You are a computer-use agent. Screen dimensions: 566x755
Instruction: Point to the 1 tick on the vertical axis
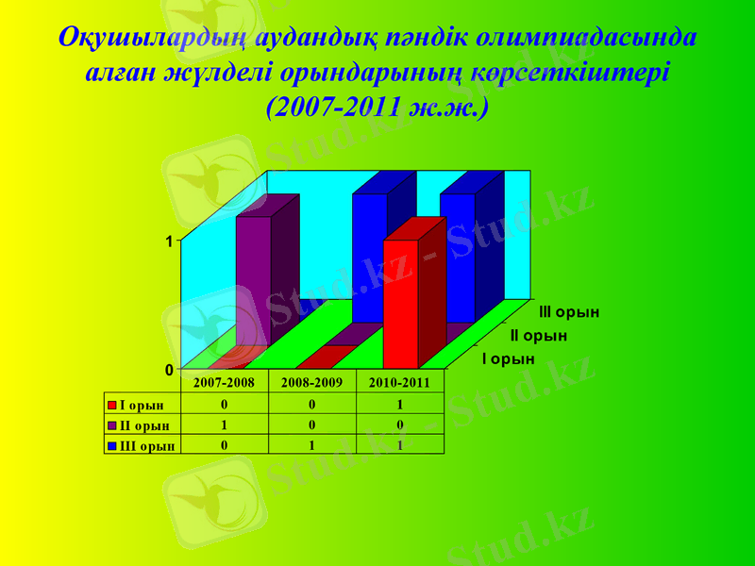pos(169,241)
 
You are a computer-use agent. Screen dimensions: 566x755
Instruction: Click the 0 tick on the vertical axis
pos(169,370)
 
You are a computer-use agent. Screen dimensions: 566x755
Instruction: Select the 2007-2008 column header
pos(224,383)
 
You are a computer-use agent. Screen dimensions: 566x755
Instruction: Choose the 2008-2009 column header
pos(311,383)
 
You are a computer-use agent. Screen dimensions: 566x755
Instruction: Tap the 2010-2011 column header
pos(400,383)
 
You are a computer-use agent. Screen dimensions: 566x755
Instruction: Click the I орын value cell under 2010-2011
pos(400,405)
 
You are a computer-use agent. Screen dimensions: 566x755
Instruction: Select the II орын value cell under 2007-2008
pos(224,424)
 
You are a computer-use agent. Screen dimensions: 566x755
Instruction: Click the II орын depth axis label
pos(539,335)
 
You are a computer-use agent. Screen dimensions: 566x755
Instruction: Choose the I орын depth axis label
pos(509,358)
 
